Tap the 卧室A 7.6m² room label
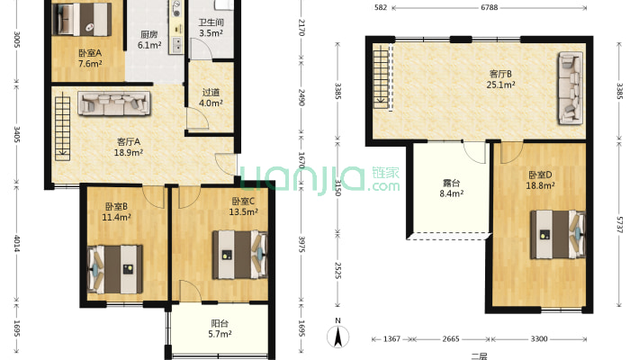pyautogui.click(x=90, y=58)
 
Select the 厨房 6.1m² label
pyautogui.click(x=149, y=40)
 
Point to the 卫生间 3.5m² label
pyautogui.click(x=211, y=28)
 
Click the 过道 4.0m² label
pyautogui.click(x=211, y=98)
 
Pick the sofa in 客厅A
pyautogui.click(x=114, y=103)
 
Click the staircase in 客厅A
pyautogui.click(x=62, y=125)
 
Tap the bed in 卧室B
pyautogui.click(x=115, y=269)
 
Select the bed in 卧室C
pyautogui.click(x=239, y=255)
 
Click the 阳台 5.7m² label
pyautogui.click(x=220, y=329)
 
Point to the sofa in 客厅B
pyautogui.click(x=571, y=88)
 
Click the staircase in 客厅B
pyautogui.click(x=382, y=76)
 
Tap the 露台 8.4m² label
pyautogui.click(x=452, y=188)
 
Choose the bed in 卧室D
pyautogui.click(x=558, y=234)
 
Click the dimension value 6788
pyautogui.click(x=489, y=7)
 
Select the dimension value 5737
pyautogui.click(x=619, y=225)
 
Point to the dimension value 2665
pyautogui.click(x=451, y=338)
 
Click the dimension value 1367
pyautogui.click(x=391, y=338)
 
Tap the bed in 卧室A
pyautogui.click(x=83, y=19)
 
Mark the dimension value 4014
pyautogui.click(x=17, y=243)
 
